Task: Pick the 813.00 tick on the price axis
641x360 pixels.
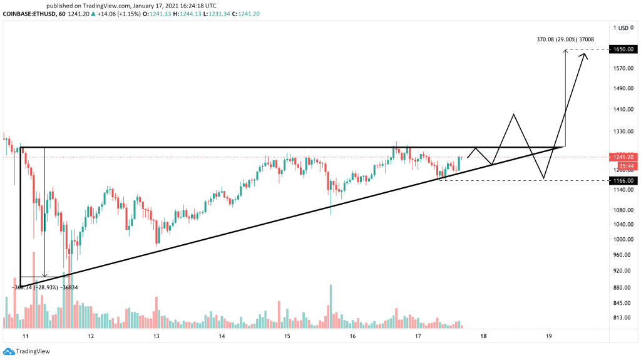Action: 621,317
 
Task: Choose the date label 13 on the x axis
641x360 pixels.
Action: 156,336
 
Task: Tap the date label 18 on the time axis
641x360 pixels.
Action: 483,336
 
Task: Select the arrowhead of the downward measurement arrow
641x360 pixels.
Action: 45,275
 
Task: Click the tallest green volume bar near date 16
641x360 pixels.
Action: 331,306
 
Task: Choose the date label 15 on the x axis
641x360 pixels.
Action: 287,336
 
